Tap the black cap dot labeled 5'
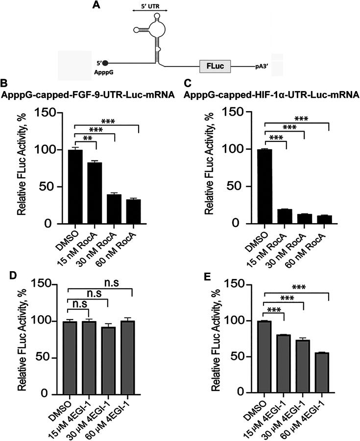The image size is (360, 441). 105,63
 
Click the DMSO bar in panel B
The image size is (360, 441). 75,186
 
